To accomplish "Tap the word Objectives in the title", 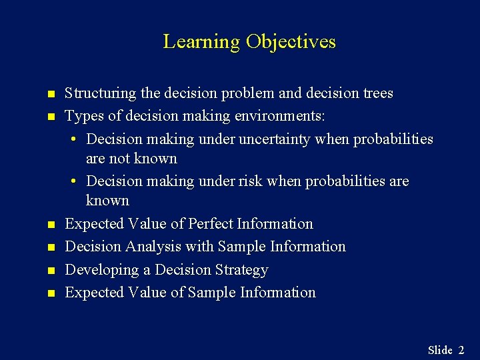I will (291, 42).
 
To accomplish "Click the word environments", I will (279, 117).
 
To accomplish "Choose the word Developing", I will (97, 270).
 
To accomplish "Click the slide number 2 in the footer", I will (461, 350).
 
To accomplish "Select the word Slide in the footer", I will (440, 350).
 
